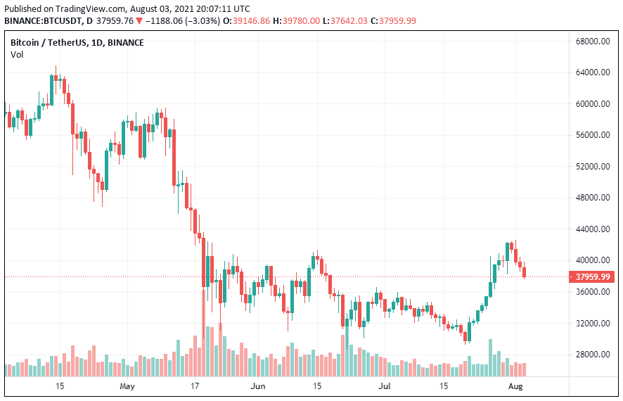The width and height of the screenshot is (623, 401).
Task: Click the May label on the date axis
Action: pyautogui.click(x=127, y=386)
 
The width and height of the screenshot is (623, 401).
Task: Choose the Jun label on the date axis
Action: pyautogui.click(x=258, y=386)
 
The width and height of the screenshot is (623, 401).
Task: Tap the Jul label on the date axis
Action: pyautogui.click(x=385, y=386)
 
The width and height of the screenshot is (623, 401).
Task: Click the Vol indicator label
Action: pyautogui.click(x=16, y=54)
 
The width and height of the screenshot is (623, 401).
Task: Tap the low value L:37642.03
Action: pyautogui.click(x=352, y=20)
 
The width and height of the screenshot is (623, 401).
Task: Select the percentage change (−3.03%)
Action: pyautogui.click(x=203, y=20)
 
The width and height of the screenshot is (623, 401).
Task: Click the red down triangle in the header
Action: pyautogui.click(x=140, y=20)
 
